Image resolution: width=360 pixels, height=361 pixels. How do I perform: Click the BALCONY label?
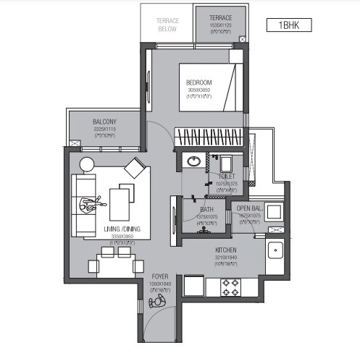(105, 122)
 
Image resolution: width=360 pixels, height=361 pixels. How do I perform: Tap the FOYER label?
(160, 276)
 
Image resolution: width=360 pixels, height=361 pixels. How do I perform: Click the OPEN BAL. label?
(251, 208)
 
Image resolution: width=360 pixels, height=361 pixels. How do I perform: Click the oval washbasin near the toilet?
(193, 161)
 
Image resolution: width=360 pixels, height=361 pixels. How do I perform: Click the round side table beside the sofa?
(86, 166)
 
